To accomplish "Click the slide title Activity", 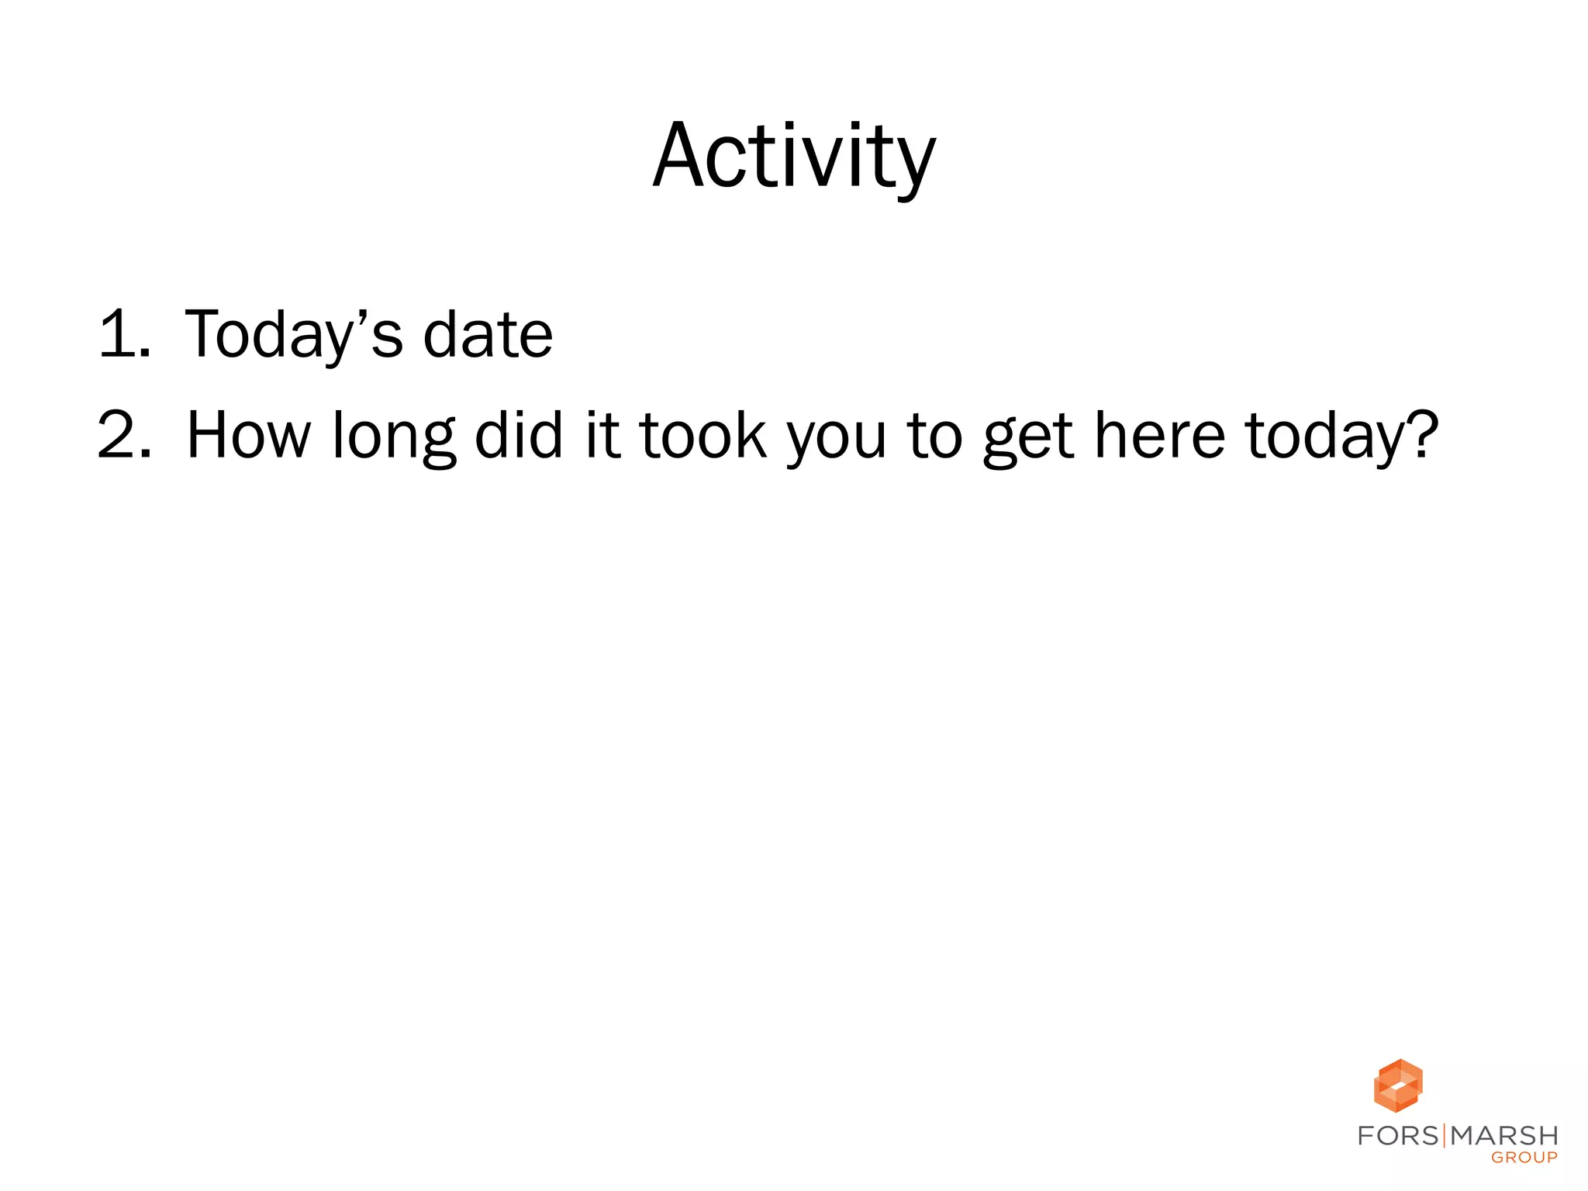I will [x=794, y=157].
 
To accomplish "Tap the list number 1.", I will [x=124, y=335].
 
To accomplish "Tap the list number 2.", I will [x=124, y=436].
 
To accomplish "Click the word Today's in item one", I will [x=294, y=335].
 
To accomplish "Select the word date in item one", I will [x=488, y=335].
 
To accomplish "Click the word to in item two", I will [x=934, y=436].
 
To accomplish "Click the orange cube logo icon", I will [x=1398, y=1085].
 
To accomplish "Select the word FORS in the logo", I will [x=1398, y=1136].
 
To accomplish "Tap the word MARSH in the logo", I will [x=1504, y=1136].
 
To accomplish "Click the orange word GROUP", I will [x=1524, y=1158].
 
